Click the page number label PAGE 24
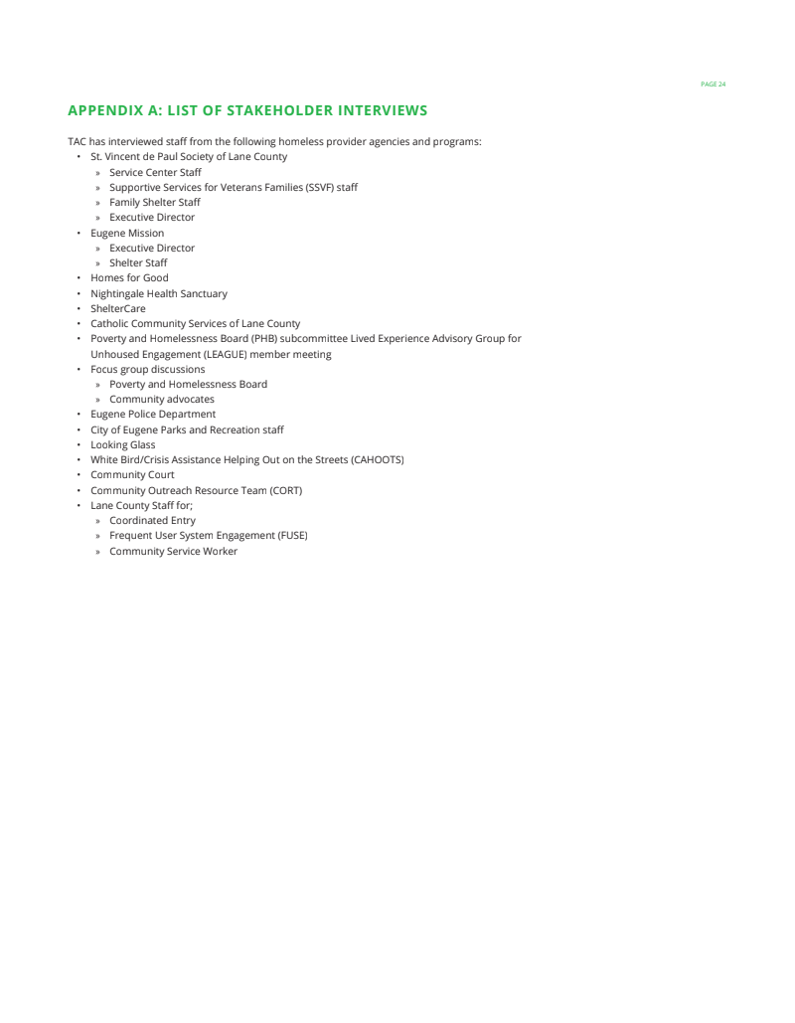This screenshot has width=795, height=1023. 713,85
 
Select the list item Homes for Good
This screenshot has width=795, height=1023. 129,278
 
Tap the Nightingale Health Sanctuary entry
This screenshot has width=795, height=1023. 158,294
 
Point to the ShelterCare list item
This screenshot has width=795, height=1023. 117,309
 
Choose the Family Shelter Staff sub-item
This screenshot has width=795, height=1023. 154,203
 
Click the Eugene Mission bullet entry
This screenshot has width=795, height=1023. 127,234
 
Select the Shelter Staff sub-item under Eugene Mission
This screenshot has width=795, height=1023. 138,263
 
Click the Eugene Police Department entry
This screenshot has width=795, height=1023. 152,415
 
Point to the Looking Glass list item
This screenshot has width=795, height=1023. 122,445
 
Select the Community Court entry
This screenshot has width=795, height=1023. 132,475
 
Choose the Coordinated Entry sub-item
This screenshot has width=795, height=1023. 152,521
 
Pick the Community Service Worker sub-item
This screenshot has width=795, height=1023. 173,552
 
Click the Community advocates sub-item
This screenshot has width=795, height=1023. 161,400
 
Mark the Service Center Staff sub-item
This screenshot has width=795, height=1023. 155,173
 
